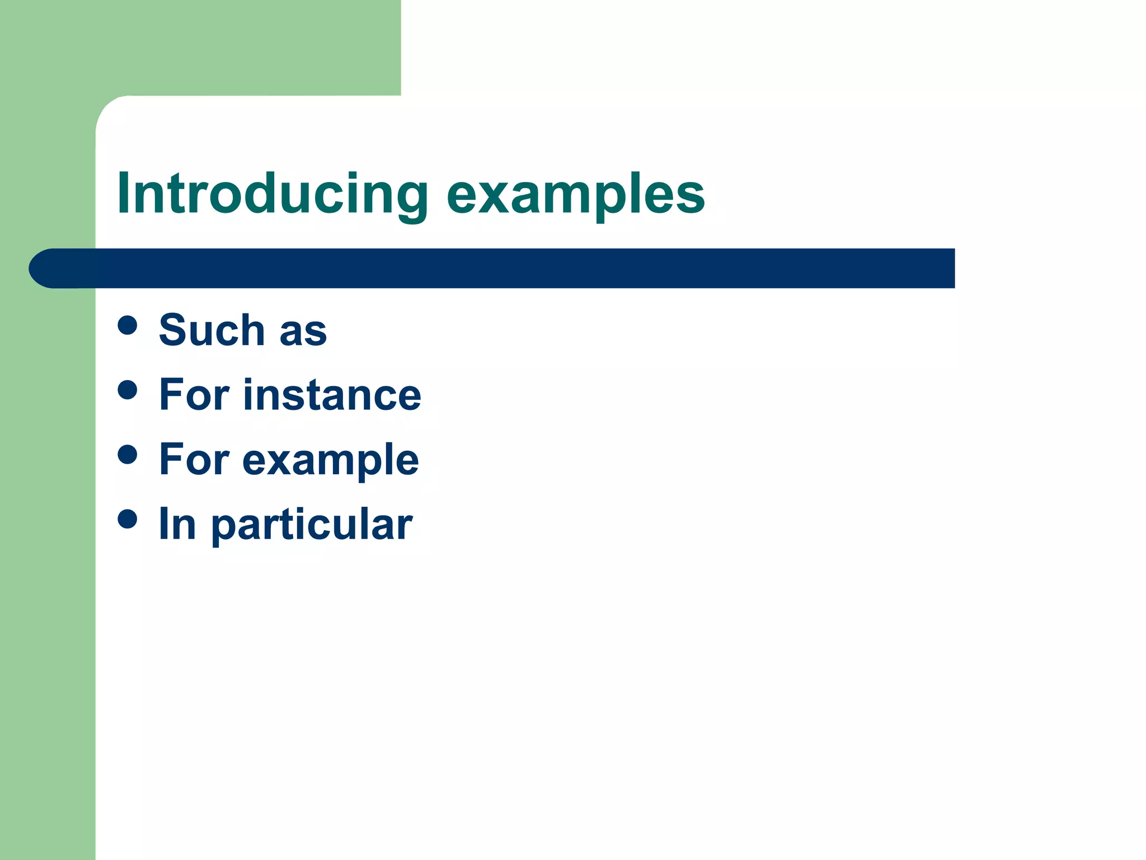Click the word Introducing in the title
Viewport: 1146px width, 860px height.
pyautogui.click(x=272, y=194)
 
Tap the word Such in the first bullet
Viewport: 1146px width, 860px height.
pyautogui.click(x=212, y=330)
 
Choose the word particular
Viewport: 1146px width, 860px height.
pyautogui.click(x=312, y=525)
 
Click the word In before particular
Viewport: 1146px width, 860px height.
pyautogui.click(x=177, y=524)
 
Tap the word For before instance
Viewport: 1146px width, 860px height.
pyautogui.click(x=194, y=395)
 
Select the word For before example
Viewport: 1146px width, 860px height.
pyautogui.click(x=194, y=459)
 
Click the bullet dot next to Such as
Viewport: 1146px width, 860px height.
pyautogui.click(x=128, y=325)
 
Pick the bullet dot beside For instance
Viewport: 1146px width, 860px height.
pyautogui.click(x=128, y=390)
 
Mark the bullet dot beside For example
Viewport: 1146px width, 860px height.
pyautogui.click(x=128, y=455)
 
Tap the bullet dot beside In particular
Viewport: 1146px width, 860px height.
pyautogui.click(x=128, y=519)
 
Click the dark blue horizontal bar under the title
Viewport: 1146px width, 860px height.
pyautogui.click(x=504, y=268)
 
